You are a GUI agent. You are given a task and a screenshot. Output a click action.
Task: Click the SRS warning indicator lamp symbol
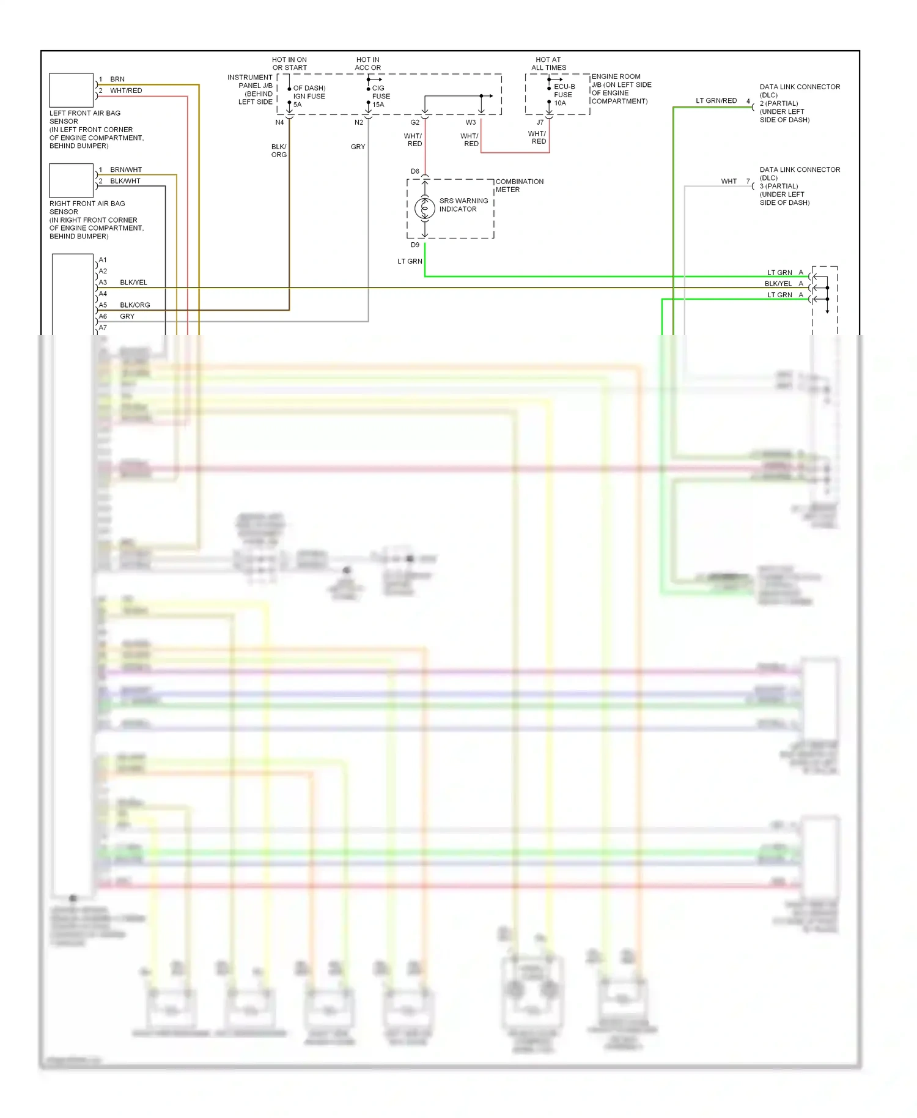pyautogui.click(x=424, y=209)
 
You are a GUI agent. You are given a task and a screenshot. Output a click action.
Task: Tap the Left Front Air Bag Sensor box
pyautogui.click(x=71, y=90)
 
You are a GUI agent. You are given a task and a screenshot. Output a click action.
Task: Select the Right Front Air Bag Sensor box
pyautogui.click(x=71, y=180)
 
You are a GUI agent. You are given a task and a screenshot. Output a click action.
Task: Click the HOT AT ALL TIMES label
pyautogui.click(x=548, y=64)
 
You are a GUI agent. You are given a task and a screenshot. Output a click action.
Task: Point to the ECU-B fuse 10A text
pyautogui.click(x=564, y=95)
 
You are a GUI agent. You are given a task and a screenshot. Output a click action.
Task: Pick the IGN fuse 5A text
pyautogui.click(x=309, y=96)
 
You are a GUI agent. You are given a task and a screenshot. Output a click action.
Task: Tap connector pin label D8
pyautogui.click(x=415, y=171)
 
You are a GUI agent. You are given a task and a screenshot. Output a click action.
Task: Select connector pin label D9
pyautogui.click(x=415, y=245)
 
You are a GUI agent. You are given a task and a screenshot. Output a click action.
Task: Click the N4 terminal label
pyautogui.click(x=279, y=122)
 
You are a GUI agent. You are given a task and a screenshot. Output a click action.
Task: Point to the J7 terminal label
pyautogui.click(x=540, y=122)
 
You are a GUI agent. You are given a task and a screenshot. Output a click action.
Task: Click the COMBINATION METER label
pyautogui.click(x=519, y=185)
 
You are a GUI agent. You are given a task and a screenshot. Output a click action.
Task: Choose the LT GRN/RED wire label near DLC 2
pyautogui.click(x=716, y=101)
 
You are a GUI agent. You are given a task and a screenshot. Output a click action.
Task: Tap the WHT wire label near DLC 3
pyautogui.click(x=729, y=182)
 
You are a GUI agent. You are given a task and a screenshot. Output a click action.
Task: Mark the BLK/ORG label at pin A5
pyautogui.click(x=134, y=305)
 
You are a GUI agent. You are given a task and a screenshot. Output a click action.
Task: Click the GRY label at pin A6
pyautogui.click(x=127, y=316)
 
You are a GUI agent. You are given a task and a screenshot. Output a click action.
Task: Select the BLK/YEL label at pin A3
pyautogui.click(x=133, y=283)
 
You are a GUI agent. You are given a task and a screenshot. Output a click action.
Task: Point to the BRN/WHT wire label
pyautogui.click(x=126, y=170)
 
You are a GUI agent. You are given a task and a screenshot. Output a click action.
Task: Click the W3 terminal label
pyautogui.click(x=471, y=122)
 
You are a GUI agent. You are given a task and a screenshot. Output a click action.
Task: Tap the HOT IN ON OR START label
pyautogui.click(x=289, y=64)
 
